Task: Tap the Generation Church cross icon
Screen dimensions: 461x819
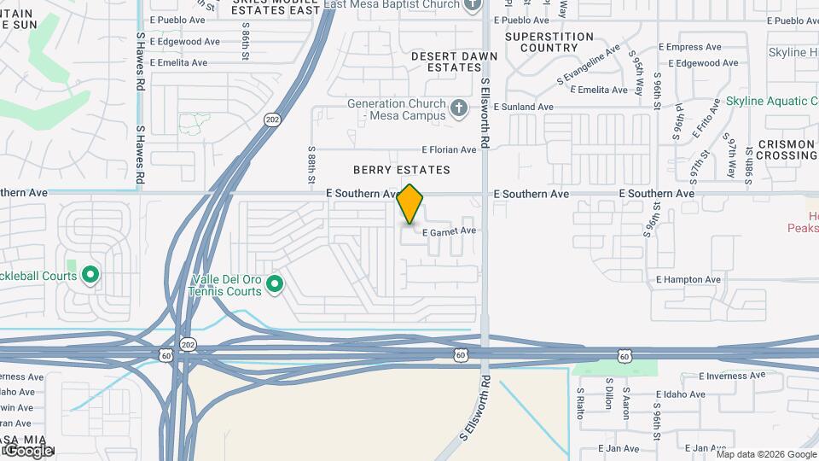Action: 460,108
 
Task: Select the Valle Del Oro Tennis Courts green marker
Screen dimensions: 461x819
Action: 275,284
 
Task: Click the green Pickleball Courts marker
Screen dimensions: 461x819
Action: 91,276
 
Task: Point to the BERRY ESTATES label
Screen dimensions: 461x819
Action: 402,171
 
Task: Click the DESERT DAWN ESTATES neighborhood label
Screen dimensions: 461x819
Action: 442,61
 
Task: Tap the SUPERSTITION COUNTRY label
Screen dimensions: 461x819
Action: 549,42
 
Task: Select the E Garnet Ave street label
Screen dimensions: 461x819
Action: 449,230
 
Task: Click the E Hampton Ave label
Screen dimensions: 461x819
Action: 688,279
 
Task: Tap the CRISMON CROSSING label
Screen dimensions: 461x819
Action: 786,150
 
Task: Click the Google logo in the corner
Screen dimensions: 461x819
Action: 28,450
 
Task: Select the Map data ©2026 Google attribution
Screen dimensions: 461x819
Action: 766,453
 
